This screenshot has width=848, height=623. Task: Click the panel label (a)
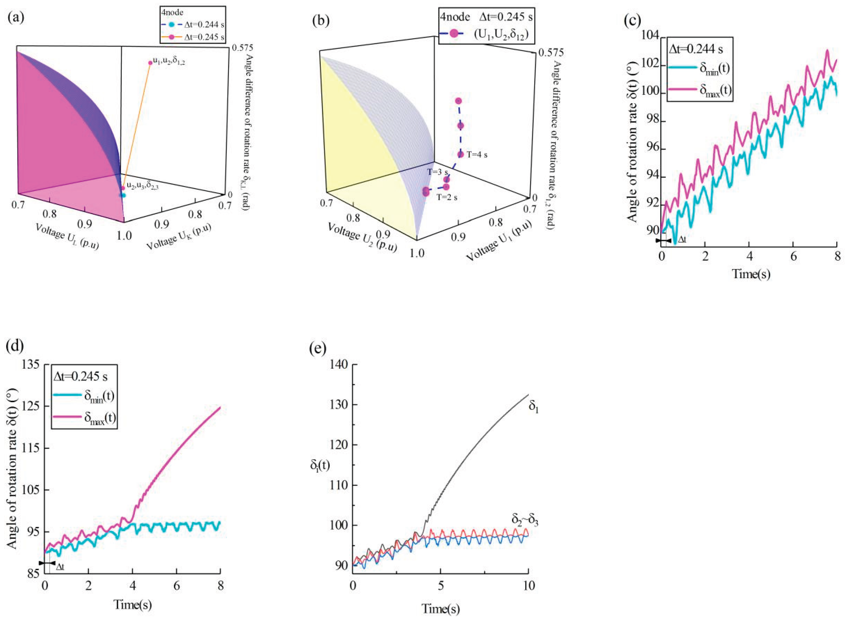[16, 18]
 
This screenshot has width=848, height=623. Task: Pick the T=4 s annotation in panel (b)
[477, 155]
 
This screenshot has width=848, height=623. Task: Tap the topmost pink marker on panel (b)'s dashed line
[458, 101]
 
